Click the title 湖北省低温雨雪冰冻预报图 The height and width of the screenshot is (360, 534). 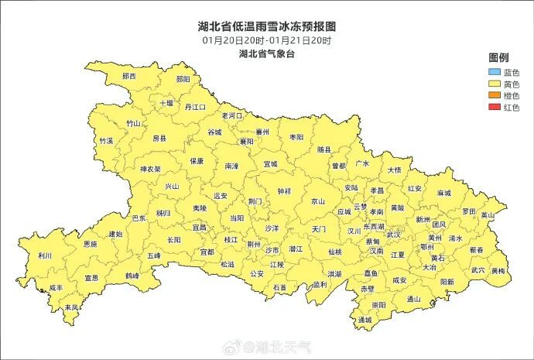[x=266, y=26]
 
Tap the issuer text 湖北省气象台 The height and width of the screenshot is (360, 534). [x=266, y=54]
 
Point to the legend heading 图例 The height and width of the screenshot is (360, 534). [x=498, y=58]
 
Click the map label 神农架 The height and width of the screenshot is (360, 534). [x=150, y=168]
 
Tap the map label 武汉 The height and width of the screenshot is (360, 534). [x=394, y=235]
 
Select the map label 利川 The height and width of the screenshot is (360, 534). [x=46, y=255]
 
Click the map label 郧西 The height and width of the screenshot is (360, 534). [x=128, y=77]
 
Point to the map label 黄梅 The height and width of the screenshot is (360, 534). [x=498, y=271]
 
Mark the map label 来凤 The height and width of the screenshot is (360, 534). [x=71, y=307]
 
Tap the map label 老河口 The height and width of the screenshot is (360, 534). [x=232, y=115]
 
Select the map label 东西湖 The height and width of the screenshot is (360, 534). [x=374, y=227]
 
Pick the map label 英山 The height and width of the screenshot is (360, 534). [x=487, y=215]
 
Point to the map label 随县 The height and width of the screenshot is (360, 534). [x=324, y=149]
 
